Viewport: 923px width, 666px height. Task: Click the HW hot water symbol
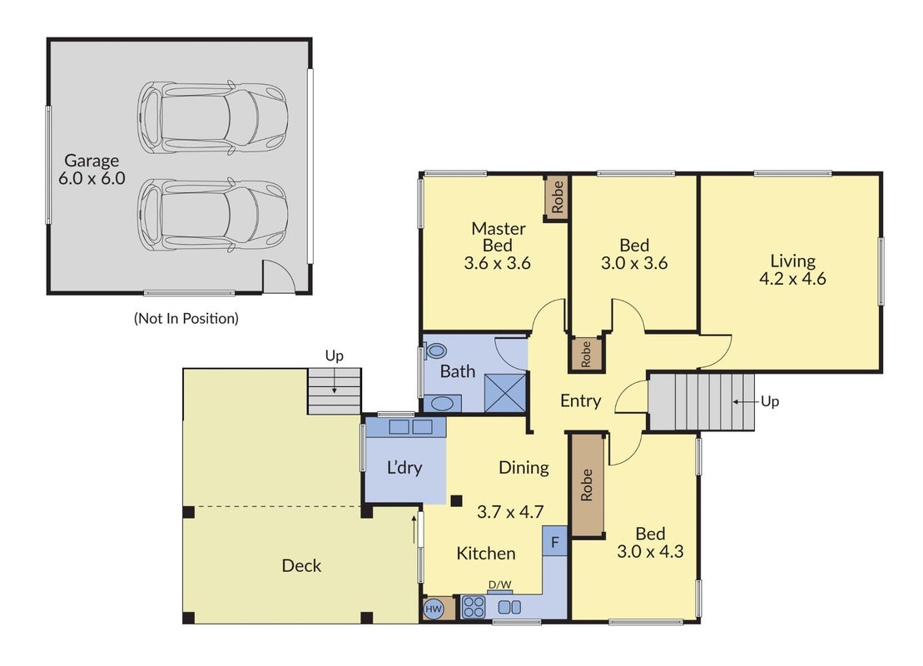434,609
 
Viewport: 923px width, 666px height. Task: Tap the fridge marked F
554,541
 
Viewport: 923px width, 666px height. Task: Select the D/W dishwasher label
499,584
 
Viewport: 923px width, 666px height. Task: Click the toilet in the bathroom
435,350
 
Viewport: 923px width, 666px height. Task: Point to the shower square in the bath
504,392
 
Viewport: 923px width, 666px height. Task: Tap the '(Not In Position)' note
186,319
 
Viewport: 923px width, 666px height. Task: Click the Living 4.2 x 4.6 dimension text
792,279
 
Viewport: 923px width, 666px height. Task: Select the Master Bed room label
498,236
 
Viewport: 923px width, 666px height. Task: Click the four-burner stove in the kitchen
474,607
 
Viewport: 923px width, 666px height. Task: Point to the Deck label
301,566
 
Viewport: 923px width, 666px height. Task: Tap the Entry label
580,401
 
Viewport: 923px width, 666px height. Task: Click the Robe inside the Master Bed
557,197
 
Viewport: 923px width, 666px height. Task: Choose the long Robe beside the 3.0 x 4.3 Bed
587,485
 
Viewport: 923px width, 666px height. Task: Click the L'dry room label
404,468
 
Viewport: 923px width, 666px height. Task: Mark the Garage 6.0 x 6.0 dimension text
92,178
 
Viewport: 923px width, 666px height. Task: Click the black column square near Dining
456,500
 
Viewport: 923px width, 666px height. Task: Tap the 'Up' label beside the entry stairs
769,402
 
